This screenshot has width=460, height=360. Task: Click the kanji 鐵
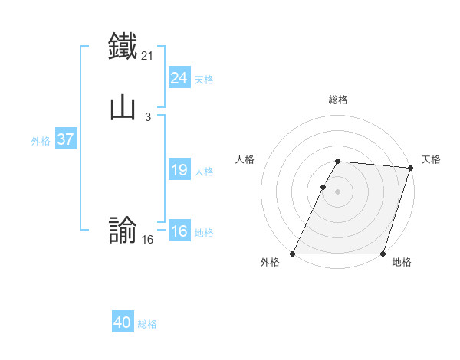[123, 45]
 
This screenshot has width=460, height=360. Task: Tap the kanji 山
[123, 106]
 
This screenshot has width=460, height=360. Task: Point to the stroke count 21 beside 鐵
[149, 55]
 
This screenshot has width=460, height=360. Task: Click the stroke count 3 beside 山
[147, 116]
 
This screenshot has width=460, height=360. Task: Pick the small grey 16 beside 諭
[148, 239]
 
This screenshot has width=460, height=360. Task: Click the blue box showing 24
[179, 77]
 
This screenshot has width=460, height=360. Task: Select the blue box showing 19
[179, 170]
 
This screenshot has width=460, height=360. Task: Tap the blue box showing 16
[179, 231]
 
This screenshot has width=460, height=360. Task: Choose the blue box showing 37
[65, 139]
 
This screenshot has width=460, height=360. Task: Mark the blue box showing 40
[123, 322]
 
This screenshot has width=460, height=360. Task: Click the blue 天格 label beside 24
[204, 80]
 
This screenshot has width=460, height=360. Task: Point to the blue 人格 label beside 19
[204, 172]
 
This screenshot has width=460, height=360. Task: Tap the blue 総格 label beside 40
[148, 324]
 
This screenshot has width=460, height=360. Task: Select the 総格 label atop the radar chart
[338, 100]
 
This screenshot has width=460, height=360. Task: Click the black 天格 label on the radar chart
[431, 159]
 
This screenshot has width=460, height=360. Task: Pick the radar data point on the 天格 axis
[410, 168]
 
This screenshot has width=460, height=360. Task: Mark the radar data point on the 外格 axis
[293, 254]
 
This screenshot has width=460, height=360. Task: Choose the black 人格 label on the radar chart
[245, 159]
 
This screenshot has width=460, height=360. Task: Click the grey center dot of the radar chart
[338, 191]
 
